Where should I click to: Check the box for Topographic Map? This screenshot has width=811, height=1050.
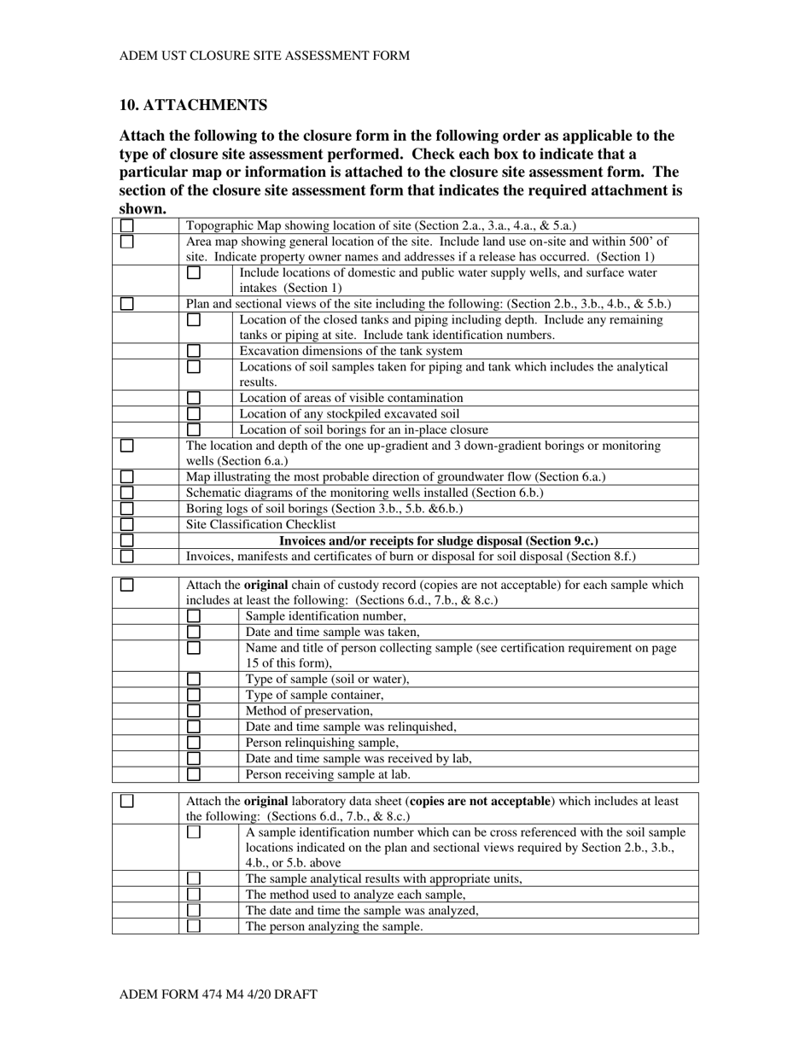127,226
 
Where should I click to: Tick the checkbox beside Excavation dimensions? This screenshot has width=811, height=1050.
194,351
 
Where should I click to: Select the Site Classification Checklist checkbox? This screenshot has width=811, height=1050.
127,524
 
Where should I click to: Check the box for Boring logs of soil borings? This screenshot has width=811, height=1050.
127,509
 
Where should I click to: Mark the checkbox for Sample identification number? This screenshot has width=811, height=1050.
194,616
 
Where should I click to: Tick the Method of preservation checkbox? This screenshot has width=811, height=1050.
194,711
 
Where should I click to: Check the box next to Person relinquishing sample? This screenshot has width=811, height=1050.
194,743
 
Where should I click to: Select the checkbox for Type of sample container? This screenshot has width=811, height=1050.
194,696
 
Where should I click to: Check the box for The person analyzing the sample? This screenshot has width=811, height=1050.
194,926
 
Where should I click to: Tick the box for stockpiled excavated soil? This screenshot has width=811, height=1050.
194,414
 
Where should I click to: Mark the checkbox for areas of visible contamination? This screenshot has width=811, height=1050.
194,398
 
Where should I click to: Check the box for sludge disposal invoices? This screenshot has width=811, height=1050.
127,540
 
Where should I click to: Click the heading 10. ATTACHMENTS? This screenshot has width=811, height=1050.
193,105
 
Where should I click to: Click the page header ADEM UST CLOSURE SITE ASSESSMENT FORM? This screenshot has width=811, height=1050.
264,55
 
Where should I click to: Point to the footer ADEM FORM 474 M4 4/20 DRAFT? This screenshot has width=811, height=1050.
218,995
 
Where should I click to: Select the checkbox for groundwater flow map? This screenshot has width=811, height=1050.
127,477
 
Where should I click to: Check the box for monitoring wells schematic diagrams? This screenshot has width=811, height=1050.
127,493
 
